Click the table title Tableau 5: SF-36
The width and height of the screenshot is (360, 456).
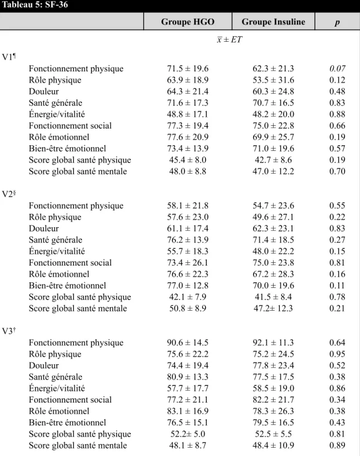point(35,4)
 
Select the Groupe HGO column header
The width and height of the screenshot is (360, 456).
point(188,22)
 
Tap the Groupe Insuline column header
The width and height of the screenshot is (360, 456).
point(273,22)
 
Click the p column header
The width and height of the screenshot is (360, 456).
point(337,23)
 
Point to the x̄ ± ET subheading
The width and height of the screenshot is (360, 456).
point(230,40)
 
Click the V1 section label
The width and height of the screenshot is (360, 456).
point(9,56)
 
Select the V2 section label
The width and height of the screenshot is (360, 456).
point(9,194)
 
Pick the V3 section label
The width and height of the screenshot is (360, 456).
point(9,331)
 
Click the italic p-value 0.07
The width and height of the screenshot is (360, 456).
point(337,68)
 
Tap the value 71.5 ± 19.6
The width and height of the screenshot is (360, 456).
point(188,68)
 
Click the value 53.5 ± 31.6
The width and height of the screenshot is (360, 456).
point(273,80)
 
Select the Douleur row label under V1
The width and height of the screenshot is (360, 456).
point(43,91)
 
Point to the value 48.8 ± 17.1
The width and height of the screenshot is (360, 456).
point(188,114)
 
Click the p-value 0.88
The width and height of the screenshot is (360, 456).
point(337,114)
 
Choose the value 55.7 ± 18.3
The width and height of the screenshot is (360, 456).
point(188,251)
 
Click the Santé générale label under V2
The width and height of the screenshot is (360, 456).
point(55,239)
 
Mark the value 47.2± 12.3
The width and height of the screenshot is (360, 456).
point(273,308)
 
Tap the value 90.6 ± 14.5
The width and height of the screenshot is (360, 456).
point(188,342)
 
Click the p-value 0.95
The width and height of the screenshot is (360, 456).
point(337,354)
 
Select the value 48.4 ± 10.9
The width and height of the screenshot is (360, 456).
point(273,445)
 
